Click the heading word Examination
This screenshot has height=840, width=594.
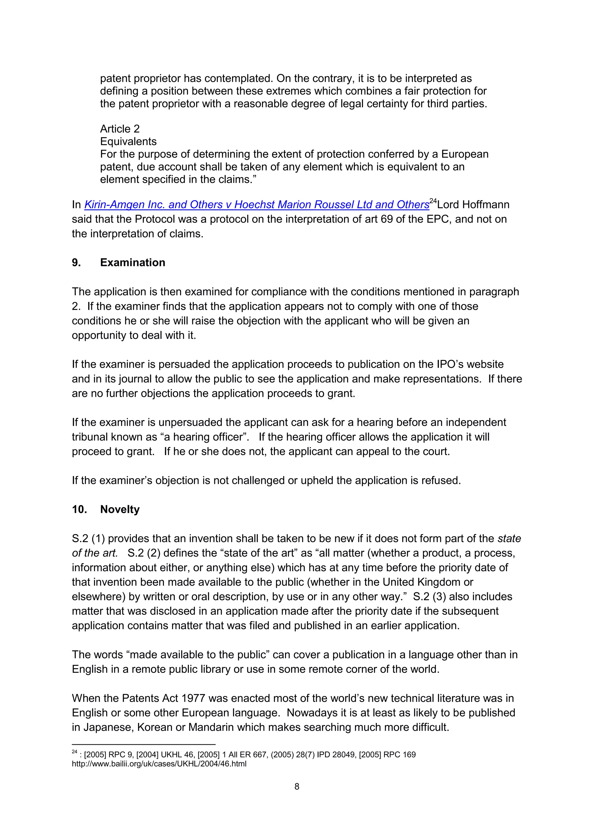pos(133,263)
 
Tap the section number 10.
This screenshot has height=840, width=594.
pos(79,510)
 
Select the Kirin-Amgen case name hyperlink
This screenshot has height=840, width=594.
pos(256,205)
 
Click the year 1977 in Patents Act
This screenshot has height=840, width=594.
pos(193,698)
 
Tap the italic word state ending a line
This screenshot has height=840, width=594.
pos(509,539)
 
